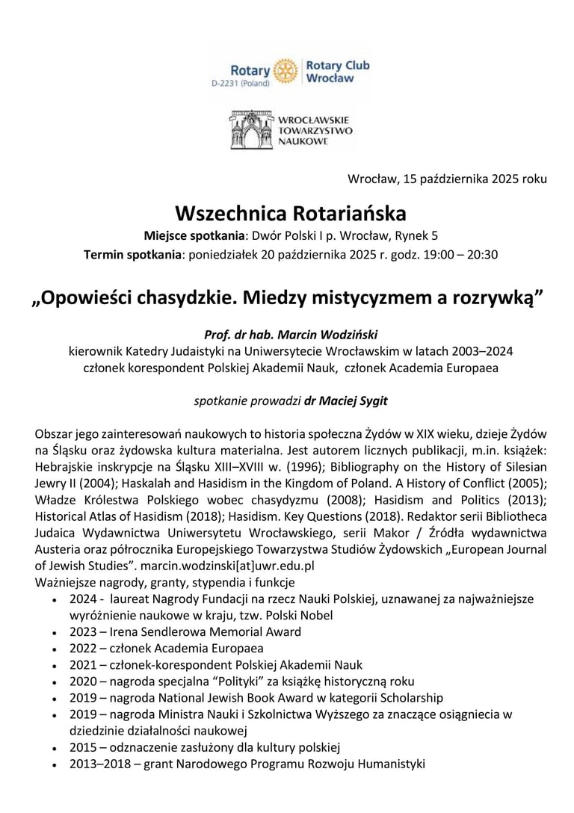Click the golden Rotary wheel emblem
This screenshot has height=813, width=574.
[286, 71]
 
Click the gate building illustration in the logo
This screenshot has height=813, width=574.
[251, 130]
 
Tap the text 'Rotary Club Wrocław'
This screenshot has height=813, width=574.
[337, 71]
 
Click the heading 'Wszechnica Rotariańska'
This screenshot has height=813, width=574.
[291, 214]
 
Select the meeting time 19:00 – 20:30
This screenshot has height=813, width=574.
[457, 254]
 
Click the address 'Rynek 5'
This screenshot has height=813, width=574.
[415, 236]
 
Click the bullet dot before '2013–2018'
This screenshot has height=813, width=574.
[56, 764]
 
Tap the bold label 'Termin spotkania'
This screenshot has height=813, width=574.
[133, 254]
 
